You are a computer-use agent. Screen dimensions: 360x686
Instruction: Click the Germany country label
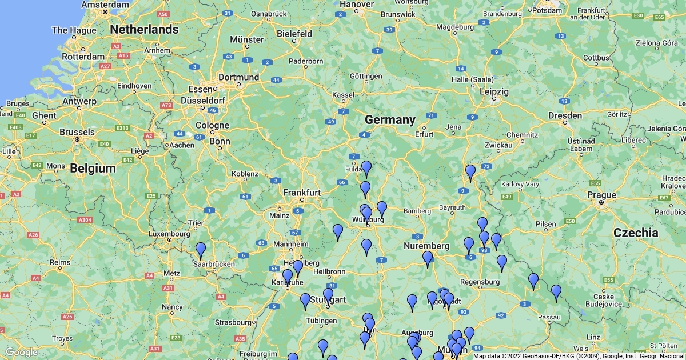click(390, 120)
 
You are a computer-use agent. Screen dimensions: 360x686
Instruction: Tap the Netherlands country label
click(144, 29)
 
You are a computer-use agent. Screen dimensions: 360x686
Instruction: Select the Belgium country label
click(93, 168)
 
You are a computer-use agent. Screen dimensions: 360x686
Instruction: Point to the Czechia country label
click(635, 233)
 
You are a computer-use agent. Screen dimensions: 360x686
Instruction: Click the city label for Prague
click(602, 195)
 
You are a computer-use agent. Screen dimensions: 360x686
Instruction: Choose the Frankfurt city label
click(302, 193)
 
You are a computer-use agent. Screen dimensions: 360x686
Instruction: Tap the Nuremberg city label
click(426, 246)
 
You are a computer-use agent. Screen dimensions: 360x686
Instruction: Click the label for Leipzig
click(494, 91)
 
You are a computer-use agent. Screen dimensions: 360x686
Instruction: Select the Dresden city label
click(564, 115)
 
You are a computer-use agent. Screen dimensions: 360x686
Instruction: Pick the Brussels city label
click(77, 131)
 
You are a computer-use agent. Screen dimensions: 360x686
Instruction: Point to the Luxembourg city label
click(169, 234)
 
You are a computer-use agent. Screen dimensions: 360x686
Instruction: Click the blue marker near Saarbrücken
click(201, 251)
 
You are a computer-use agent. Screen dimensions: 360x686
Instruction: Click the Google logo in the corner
click(22, 352)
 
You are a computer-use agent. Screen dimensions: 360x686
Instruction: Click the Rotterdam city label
click(83, 57)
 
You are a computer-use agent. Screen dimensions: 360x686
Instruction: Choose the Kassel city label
click(343, 94)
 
